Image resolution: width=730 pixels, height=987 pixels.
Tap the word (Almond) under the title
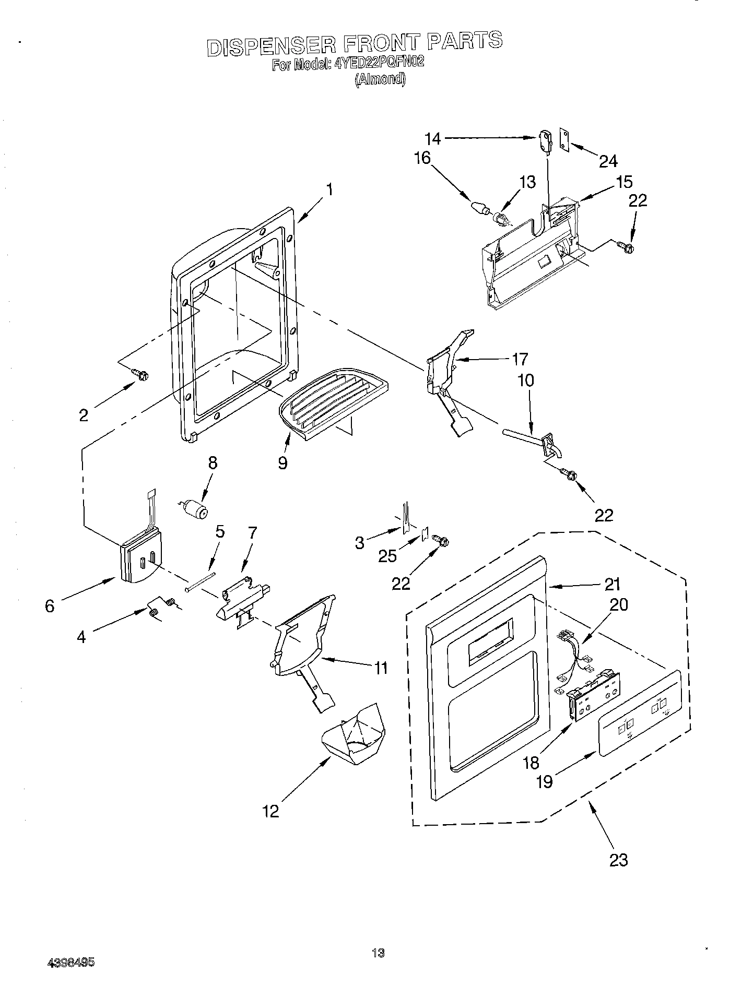380,79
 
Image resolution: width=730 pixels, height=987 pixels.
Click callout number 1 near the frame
329,188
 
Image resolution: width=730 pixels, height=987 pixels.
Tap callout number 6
50,605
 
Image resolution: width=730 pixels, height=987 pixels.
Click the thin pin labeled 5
201,581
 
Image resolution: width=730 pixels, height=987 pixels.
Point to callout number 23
619,859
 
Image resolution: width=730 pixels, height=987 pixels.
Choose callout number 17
520,359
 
